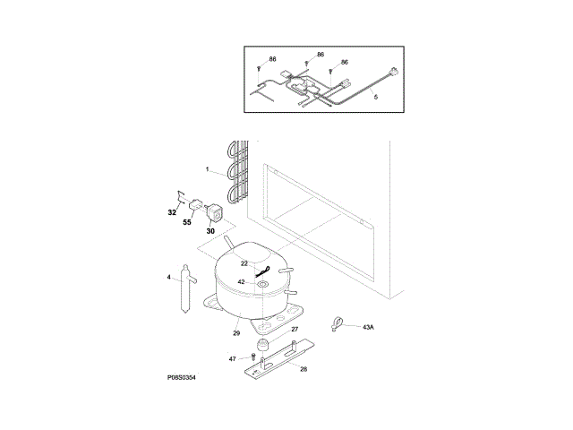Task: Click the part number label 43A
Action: [x=368, y=328]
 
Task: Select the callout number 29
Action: [x=236, y=333]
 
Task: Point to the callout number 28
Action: [x=303, y=369]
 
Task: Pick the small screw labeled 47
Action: [x=252, y=359]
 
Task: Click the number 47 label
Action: [x=233, y=359]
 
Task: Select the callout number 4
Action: [x=168, y=278]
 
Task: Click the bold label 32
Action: [x=172, y=213]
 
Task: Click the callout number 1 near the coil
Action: [x=207, y=169]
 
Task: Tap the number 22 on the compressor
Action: [x=244, y=263]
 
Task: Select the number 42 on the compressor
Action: [x=241, y=282]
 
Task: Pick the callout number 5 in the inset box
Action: [x=375, y=96]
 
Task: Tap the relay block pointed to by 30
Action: [x=215, y=213]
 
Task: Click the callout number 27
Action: [x=295, y=331]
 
